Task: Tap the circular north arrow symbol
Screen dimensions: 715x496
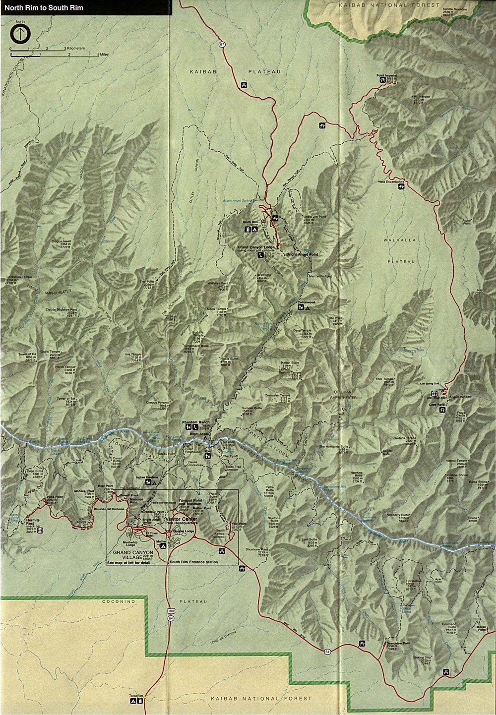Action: (x=20, y=34)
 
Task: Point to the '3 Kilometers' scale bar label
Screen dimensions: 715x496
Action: (x=74, y=49)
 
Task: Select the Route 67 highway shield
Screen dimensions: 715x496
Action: (x=222, y=45)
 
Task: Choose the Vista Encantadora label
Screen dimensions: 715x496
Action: (x=392, y=181)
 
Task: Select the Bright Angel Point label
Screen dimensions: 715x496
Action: (x=302, y=254)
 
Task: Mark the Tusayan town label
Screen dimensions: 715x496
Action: (x=136, y=696)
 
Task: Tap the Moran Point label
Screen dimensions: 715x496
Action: (x=481, y=627)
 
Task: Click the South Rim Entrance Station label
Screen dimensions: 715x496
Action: (x=193, y=562)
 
